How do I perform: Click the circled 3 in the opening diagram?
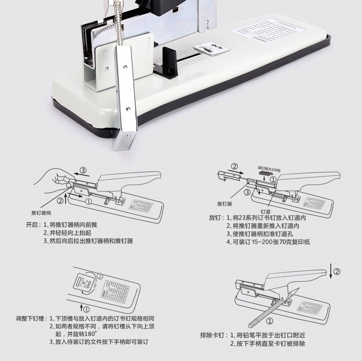click(x=83, y=171)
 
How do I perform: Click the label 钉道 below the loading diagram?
click(x=266, y=211)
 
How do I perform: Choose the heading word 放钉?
click(x=215, y=218)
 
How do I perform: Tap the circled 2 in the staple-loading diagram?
click(x=235, y=166)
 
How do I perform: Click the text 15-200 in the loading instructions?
click(x=260, y=241)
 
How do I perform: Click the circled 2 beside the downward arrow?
click(x=337, y=272)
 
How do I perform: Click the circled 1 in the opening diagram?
click(x=88, y=201)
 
